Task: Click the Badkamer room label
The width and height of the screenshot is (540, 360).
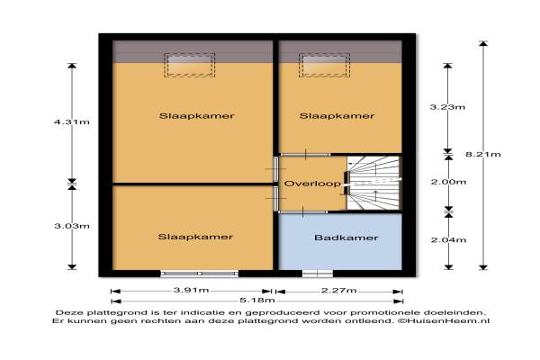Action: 346,238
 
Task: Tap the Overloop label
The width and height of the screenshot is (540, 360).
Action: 312,184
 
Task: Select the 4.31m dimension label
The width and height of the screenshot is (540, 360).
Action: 72,122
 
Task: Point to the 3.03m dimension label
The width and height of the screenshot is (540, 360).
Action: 72,226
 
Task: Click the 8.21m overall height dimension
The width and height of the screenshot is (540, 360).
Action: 483,154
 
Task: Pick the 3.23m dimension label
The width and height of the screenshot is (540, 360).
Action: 447,107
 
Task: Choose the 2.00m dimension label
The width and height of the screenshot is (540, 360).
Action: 448,182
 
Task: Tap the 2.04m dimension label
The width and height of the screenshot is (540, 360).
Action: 448,240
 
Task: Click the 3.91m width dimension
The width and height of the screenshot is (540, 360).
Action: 191,290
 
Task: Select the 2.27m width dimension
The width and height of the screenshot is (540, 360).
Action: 339,291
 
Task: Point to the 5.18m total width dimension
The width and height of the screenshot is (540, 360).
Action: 257,301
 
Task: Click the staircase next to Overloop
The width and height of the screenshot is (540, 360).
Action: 373,183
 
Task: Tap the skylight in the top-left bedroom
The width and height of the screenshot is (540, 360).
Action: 189,65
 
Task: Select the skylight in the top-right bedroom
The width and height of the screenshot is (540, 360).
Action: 324,65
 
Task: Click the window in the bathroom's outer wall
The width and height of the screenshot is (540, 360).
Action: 318,274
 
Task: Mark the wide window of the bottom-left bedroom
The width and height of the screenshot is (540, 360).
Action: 200,274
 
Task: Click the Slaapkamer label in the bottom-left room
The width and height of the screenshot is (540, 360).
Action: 195,237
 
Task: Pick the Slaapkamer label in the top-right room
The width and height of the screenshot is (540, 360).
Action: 337,116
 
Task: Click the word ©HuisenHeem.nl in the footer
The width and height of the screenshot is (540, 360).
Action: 444,320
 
